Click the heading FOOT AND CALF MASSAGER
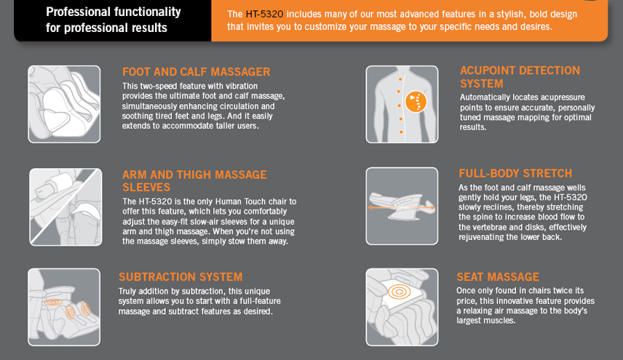[196, 72]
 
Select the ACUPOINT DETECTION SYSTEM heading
[520, 77]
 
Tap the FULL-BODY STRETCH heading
[515, 173]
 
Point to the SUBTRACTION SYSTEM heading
[180, 276]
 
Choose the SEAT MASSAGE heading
[498, 276]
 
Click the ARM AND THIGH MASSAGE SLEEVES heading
[194, 181]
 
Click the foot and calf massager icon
[64, 105]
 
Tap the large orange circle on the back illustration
[416, 102]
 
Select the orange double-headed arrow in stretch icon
[401, 207]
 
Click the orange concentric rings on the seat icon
[399, 292]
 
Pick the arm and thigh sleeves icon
[66, 207]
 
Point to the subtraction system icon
[64, 307]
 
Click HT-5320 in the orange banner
[264, 15]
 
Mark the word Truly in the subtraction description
[127, 292]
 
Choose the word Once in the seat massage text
[465, 290]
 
